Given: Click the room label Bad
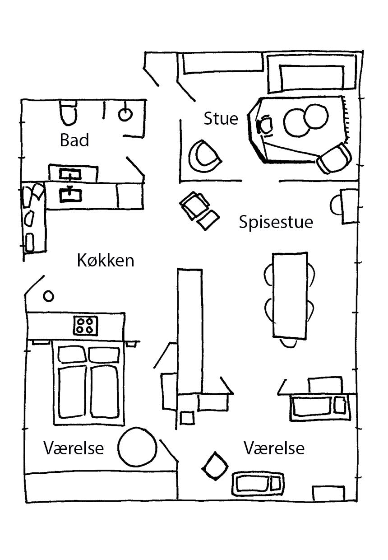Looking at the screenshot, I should (74, 140).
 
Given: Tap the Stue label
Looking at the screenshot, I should (221, 119).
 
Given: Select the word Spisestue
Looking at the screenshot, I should (276, 222).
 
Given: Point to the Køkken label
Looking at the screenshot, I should (106, 261).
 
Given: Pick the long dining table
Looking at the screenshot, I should (290, 296).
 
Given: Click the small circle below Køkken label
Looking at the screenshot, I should (48, 296).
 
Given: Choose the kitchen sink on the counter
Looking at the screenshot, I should (70, 194).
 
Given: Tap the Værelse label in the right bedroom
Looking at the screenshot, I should (274, 448).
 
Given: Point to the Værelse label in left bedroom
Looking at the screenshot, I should (74, 448).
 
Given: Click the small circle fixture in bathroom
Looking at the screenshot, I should (125, 114).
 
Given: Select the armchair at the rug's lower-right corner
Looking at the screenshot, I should (334, 158).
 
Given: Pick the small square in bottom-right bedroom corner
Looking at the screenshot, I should (328, 493).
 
